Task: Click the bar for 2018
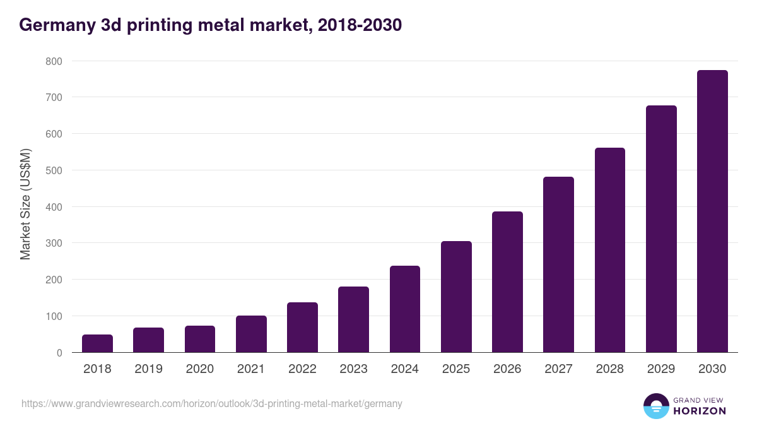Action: pos(97,343)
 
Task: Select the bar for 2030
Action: pos(712,211)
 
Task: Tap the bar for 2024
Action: pos(405,309)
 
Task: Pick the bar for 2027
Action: pos(558,264)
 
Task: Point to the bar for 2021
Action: pos(251,334)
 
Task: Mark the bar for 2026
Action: pos(507,282)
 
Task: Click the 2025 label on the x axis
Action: pos(456,369)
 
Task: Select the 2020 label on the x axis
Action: pos(200,369)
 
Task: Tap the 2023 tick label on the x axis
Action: pos(353,369)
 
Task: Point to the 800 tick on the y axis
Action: pos(54,61)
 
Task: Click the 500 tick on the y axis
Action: pos(54,170)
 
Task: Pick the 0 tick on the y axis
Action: pos(59,353)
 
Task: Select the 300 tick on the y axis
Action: pos(54,244)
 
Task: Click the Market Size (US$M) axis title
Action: pos(25,204)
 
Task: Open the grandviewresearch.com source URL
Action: pos(211,403)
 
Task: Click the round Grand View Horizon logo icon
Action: pos(656,406)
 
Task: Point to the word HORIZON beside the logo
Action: pos(700,411)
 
